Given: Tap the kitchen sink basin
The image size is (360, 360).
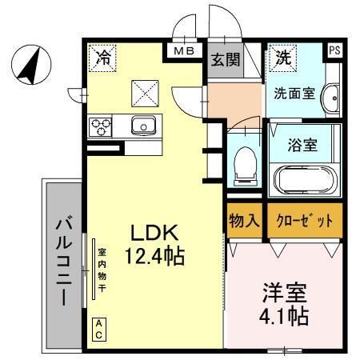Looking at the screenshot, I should coord(145,125).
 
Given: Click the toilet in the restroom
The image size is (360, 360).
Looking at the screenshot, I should coord(245,164).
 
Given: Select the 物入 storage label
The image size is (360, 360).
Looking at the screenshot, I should coord(243,220).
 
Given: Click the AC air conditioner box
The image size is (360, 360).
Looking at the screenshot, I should coord(99,328).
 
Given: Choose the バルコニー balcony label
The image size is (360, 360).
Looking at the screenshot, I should coord(62,264).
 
